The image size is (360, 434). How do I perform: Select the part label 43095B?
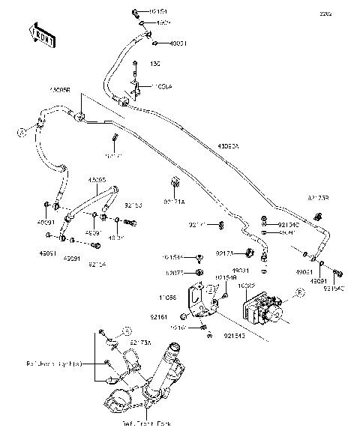tap(60, 89)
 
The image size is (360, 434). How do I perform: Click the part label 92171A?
tap(175, 202)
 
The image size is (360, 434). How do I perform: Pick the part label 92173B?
tap(318, 197)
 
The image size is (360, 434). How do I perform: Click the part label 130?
tap(136, 63)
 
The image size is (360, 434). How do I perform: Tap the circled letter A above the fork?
tap(127, 330)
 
